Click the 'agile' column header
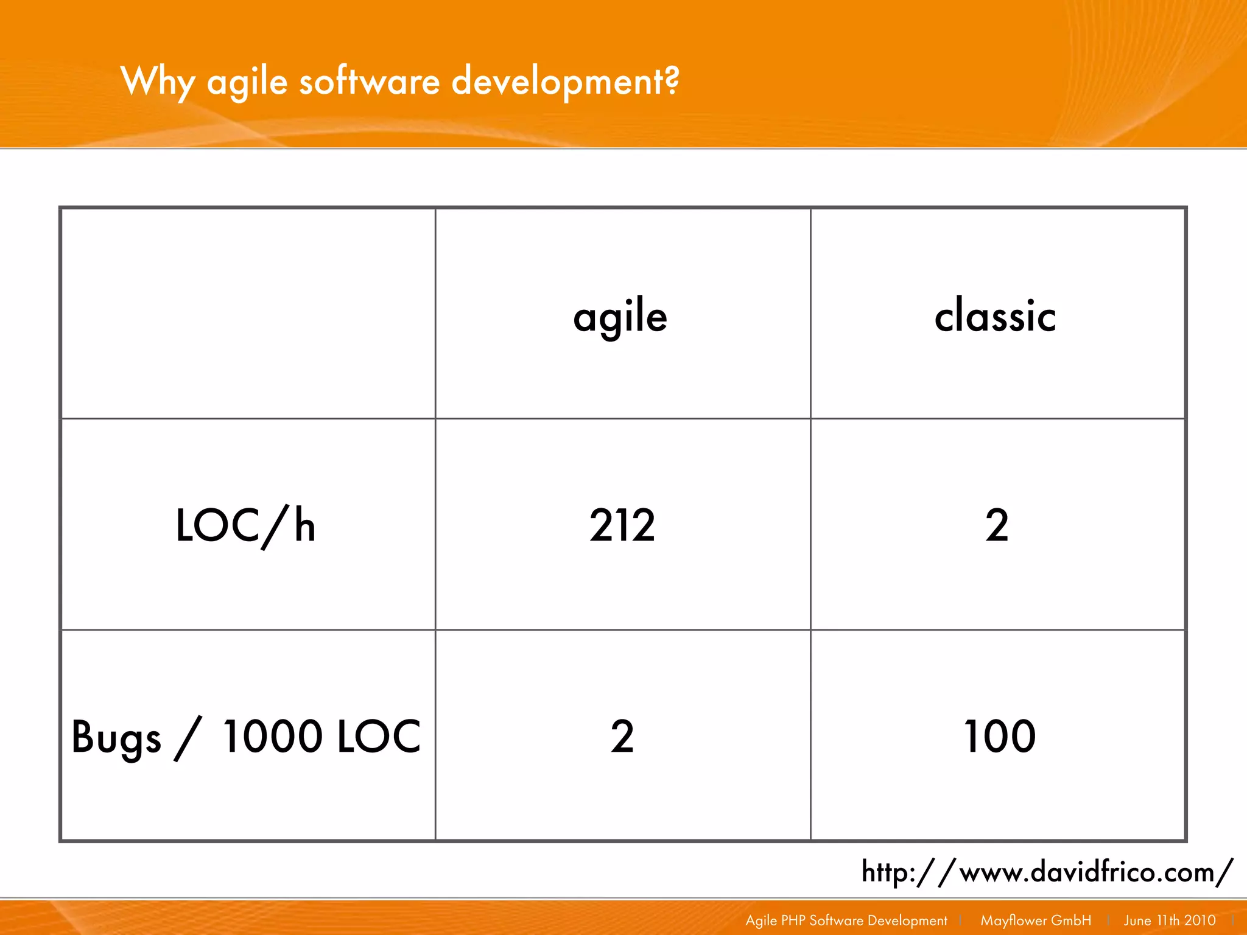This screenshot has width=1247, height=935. coord(620,317)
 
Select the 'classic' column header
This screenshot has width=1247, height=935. coord(995,317)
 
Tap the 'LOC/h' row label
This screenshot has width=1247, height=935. coord(245,525)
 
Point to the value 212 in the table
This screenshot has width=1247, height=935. coord(622,525)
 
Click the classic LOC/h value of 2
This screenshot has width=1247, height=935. coord(997,525)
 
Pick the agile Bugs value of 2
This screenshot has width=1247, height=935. coord(622,737)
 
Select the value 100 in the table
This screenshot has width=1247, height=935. coord(999,737)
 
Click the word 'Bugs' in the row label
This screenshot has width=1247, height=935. coord(116,738)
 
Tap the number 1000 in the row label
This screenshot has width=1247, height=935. coord(272,737)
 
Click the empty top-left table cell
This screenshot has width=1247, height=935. coord(248,313)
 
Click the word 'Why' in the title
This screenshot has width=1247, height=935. coord(158,82)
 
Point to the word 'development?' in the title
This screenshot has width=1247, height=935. coord(565,82)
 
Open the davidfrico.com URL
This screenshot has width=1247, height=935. coord(1047,872)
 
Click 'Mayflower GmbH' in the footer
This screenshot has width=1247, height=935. coord(1035,920)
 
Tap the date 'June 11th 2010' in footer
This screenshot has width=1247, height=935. coord(1169,920)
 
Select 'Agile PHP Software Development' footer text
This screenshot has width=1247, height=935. coord(846,920)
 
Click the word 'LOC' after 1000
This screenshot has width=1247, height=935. coord(378,737)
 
